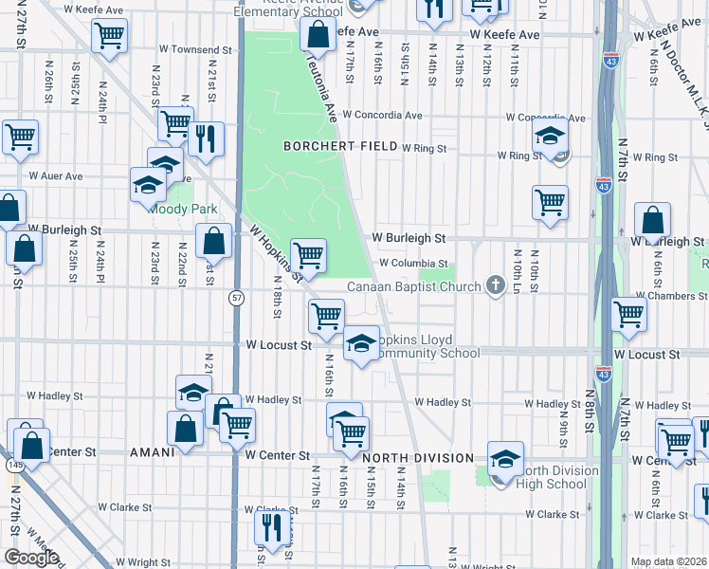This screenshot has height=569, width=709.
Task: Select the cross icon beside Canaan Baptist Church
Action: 494,285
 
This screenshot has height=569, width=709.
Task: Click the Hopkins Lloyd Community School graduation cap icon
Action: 360,346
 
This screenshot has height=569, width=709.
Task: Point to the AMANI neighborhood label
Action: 152,452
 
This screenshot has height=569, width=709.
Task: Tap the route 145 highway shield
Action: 13,465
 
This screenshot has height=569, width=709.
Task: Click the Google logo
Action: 31,558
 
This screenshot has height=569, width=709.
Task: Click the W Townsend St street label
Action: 197,49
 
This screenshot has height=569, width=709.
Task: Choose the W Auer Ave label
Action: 55,176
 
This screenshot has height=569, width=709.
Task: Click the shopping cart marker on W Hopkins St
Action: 308,254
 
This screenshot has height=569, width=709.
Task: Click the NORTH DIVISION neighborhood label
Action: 418,458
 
